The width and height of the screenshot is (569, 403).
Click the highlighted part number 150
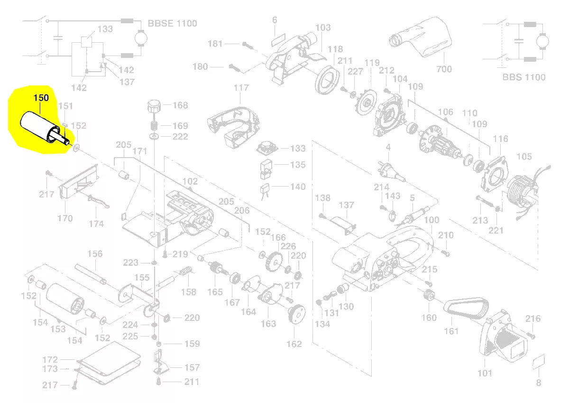40,97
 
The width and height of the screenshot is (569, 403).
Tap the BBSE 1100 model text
172,23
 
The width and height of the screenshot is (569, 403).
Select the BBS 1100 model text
524,77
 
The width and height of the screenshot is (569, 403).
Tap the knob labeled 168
153,106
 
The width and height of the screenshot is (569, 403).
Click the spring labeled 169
154,126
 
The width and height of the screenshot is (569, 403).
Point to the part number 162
294,344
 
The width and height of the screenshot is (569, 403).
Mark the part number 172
50,360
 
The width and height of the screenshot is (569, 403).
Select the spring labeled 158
186,272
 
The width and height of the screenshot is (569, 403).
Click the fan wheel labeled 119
366,102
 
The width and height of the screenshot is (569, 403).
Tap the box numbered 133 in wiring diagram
86,41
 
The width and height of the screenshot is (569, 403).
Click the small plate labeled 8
538,363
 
